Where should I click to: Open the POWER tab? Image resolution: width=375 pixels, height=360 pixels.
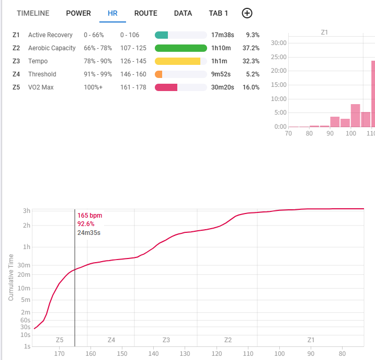(78, 13)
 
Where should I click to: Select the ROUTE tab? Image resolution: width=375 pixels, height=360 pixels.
(145, 13)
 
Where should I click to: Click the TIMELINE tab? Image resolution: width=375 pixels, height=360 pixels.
(33, 13)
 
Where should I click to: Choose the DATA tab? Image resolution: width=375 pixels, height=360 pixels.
(183, 13)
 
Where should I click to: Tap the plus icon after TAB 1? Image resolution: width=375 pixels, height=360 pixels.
(247, 13)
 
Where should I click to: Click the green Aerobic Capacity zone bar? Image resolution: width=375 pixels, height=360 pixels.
(181, 48)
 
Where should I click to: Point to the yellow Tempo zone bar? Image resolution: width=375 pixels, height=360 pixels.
(178, 61)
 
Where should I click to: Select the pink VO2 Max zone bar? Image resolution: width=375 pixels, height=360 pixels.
(166, 87)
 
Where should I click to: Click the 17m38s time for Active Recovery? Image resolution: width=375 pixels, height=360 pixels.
(222, 35)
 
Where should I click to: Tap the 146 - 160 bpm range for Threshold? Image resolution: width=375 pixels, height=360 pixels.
(133, 74)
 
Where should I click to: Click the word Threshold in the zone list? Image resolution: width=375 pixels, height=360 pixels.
(42, 74)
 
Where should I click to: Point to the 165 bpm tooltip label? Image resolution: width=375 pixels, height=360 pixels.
(90, 216)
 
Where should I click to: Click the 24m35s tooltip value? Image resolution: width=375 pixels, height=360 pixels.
(89, 232)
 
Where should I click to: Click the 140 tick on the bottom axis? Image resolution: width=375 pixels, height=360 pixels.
(153, 353)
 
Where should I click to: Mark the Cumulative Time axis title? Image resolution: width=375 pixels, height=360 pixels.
(11, 277)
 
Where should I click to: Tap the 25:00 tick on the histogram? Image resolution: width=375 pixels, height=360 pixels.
(279, 57)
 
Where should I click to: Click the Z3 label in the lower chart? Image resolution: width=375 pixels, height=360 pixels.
(166, 340)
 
